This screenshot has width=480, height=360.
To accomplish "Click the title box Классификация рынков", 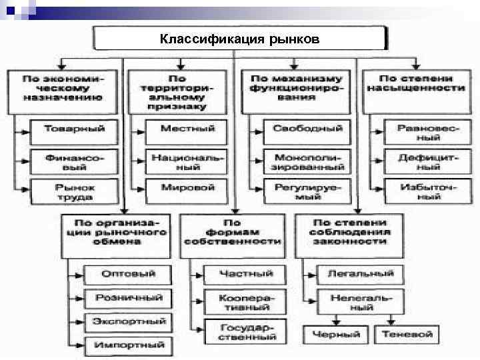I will coord(240,39).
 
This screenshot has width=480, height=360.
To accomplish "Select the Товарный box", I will coord(70,129).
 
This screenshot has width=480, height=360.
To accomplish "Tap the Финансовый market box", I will coord(70,161).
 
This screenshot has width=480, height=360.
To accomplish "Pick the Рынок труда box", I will coord(70,191).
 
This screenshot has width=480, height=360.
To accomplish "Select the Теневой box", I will coord(407,334).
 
